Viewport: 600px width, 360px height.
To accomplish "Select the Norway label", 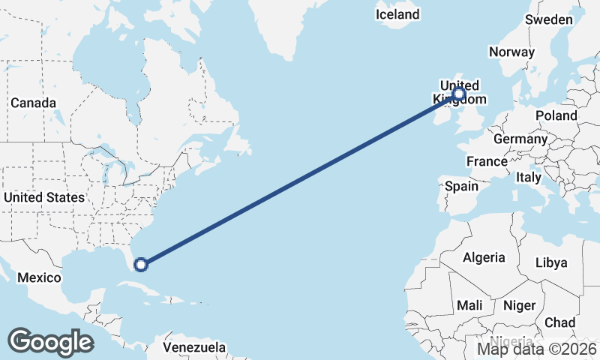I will [511, 52].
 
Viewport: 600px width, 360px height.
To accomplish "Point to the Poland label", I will [556, 115].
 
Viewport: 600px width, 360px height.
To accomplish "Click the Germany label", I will [520, 139].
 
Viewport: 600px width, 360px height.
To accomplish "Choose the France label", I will [487, 161].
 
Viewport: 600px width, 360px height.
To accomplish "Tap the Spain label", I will [461, 186].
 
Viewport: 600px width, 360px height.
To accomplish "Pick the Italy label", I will [529, 178].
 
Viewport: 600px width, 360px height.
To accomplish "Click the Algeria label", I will [484, 257].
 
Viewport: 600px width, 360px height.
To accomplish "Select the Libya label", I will [550, 262].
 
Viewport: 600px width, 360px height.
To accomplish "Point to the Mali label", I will [470, 305].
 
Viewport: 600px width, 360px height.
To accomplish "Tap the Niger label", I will [519, 305].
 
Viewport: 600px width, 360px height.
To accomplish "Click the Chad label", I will [559, 322].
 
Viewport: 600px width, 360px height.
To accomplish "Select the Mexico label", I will [39, 277].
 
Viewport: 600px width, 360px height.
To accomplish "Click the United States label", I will [44, 197].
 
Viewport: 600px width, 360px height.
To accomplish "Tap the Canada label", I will [33, 102].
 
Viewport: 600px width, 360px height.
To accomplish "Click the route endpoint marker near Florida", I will [140, 263].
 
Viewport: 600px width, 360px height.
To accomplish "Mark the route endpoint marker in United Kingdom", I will [458, 94].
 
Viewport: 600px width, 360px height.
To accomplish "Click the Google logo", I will [50, 341].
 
